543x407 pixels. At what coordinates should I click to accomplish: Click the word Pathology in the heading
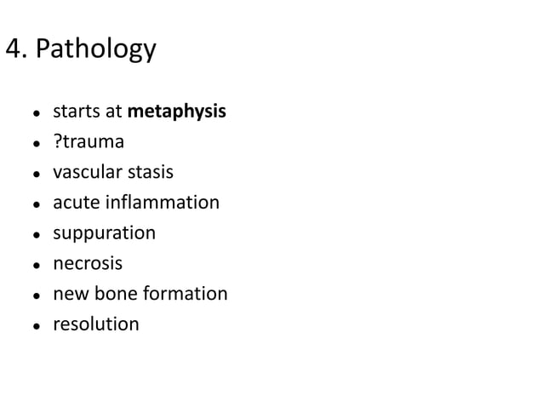click(x=94, y=49)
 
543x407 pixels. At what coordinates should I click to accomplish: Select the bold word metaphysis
click(x=176, y=111)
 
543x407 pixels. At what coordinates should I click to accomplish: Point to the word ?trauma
click(x=89, y=141)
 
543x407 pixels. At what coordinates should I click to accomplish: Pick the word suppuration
click(x=104, y=233)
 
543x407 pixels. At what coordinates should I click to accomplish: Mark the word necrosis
click(x=88, y=263)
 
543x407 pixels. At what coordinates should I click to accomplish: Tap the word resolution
click(x=95, y=324)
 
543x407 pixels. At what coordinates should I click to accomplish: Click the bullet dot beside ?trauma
click(x=36, y=143)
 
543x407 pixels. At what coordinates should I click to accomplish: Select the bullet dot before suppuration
click(x=36, y=234)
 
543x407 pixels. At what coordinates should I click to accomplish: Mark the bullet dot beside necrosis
click(x=36, y=265)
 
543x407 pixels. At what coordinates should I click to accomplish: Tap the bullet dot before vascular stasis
click(x=36, y=174)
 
